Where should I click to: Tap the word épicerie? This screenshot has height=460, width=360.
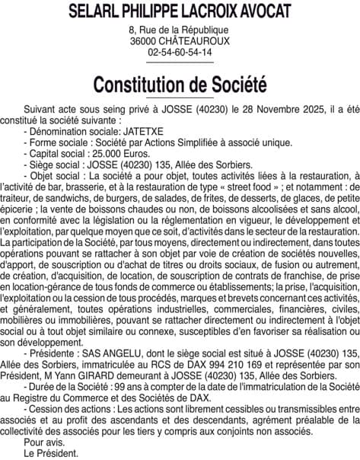click(x=18, y=208)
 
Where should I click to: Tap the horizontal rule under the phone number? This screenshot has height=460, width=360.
click(x=180, y=62)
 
